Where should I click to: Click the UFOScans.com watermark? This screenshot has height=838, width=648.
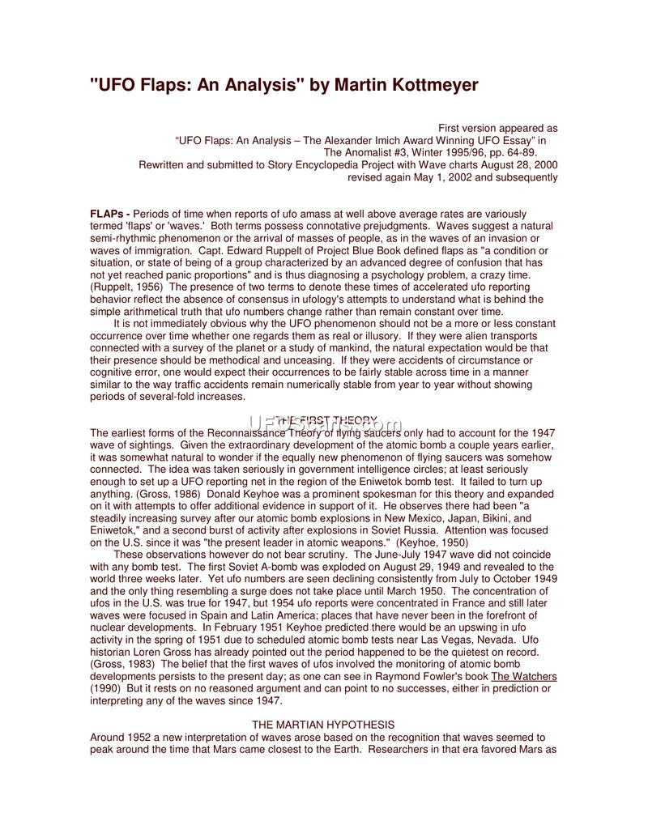(x=324, y=424)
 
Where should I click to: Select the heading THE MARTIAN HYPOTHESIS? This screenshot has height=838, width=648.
(x=323, y=725)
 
